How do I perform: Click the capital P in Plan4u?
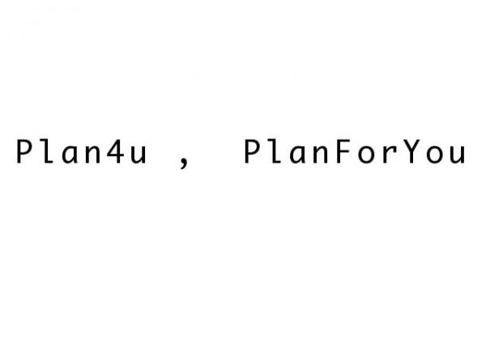(24, 151)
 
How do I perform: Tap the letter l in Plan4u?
(47, 151)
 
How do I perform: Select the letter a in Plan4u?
(70, 154)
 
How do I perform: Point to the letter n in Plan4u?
(92, 154)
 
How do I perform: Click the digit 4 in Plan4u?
(115, 151)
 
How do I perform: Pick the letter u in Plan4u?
(138, 154)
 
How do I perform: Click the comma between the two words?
(184, 163)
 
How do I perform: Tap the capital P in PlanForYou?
(253, 151)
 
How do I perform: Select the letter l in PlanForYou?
(275, 151)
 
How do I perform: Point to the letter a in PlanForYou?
(298, 154)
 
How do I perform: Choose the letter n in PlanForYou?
(321, 154)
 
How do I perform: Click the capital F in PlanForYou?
(343, 151)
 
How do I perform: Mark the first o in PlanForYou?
(366, 154)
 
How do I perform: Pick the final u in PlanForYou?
(458, 154)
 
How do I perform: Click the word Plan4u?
(81, 151)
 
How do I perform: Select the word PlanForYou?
(355, 151)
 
